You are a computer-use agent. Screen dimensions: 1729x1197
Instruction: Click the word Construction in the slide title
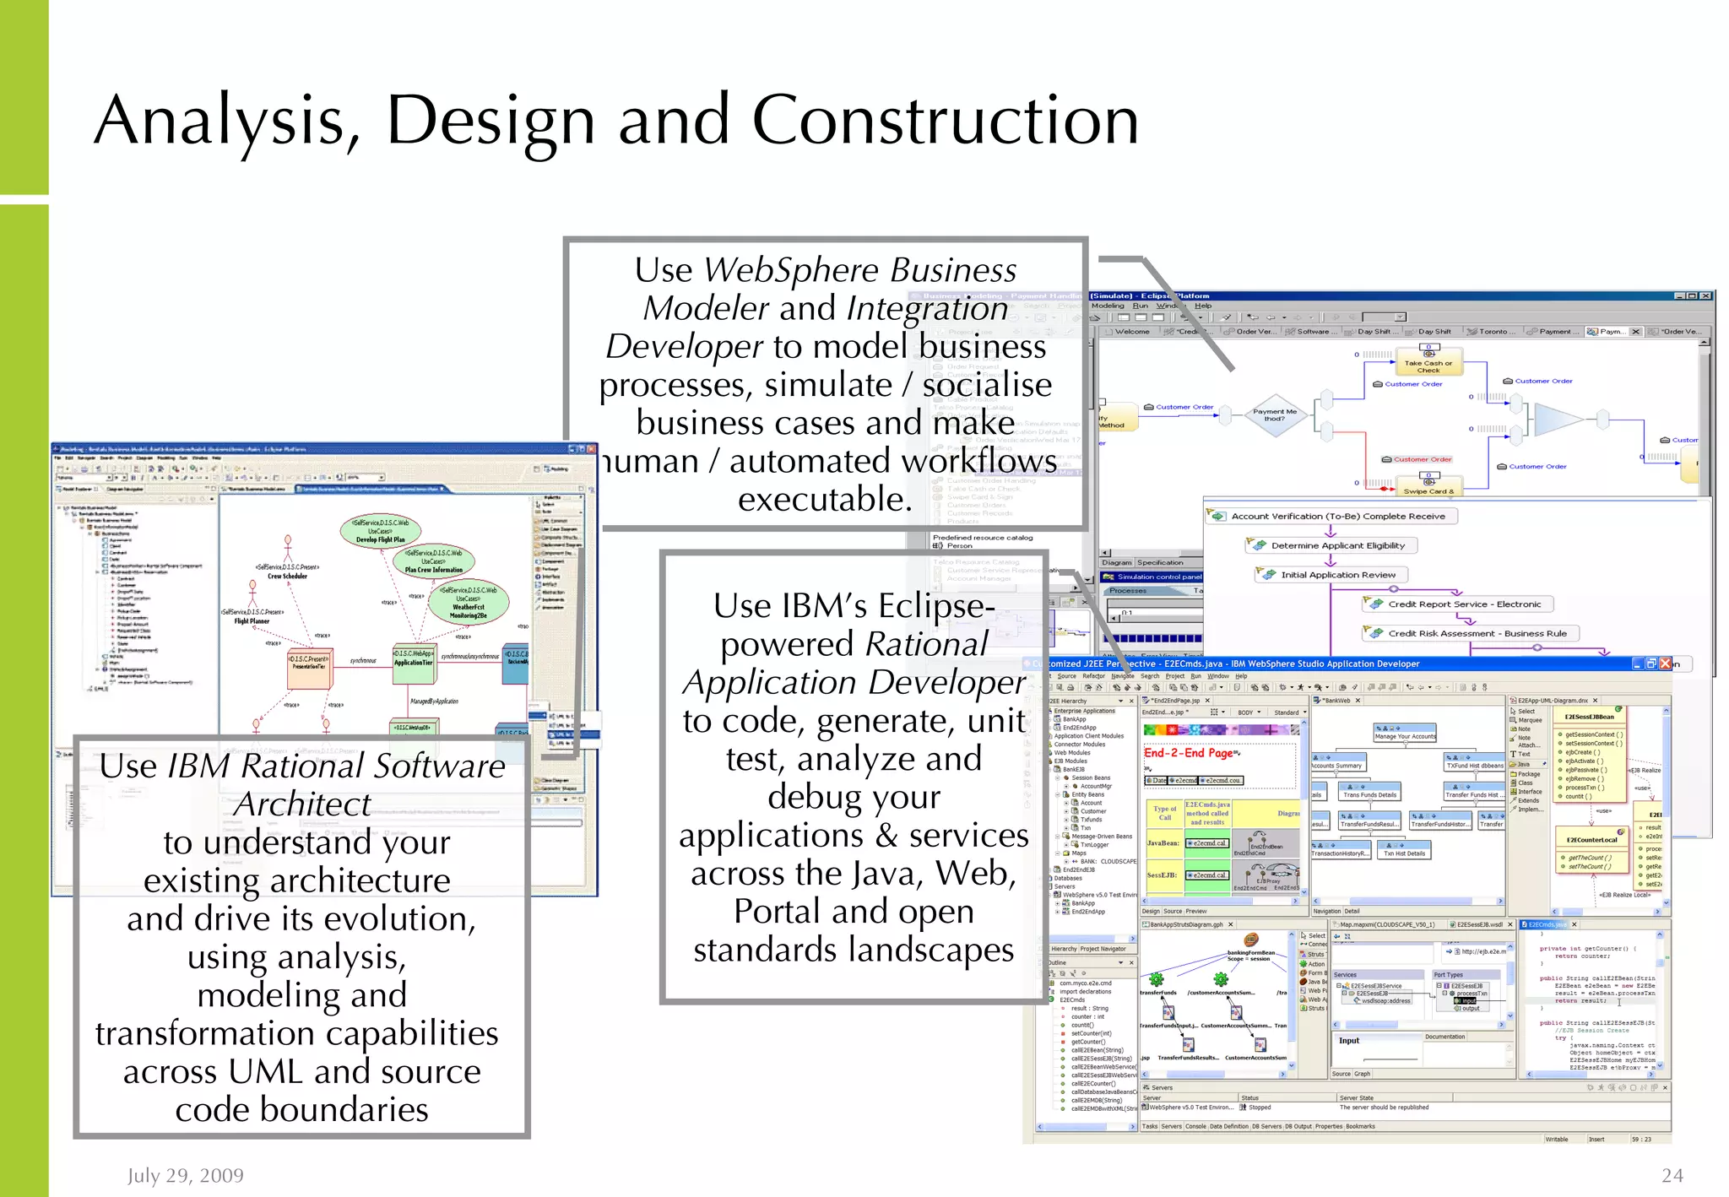coord(945,121)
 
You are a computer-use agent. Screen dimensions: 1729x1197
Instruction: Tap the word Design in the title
coord(491,121)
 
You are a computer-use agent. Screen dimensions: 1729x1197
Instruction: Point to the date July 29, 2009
coord(186,1175)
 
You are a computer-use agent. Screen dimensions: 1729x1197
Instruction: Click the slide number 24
coord(1672,1175)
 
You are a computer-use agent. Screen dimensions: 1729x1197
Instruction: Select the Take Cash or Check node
coord(1428,366)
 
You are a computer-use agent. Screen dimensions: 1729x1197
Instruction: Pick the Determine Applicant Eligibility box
coord(1331,546)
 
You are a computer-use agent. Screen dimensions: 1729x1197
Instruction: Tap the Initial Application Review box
coord(1331,575)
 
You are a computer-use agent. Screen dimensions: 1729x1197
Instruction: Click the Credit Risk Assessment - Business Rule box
coord(1470,633)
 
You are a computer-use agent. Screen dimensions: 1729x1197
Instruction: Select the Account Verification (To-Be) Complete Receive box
coord(1331,516)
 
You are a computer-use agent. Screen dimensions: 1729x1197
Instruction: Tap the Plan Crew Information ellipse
coord(434,561)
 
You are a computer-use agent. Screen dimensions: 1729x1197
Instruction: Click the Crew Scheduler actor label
coord(287,576)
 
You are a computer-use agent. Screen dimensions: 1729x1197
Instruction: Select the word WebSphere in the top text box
coord(793,271)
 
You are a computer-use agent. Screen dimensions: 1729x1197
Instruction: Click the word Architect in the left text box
coord(302,804)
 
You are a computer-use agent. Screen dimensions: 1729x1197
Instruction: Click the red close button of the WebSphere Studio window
coord(1665,663)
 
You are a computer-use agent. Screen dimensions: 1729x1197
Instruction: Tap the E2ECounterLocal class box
coord(1591,840)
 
